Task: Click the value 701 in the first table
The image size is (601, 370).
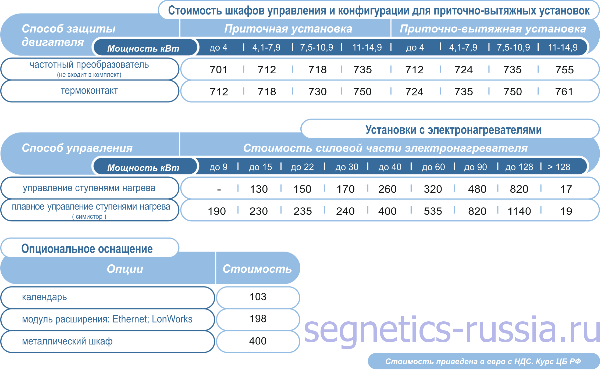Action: click(x=219, y=70)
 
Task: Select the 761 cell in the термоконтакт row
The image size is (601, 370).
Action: click(x=564, y=92)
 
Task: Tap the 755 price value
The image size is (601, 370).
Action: click(x=564, y=70)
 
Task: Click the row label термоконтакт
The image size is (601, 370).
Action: click(x=89, y=91)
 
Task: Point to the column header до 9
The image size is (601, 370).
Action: click(x=219, y=167)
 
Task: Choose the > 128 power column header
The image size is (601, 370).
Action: click(x=559, y=167)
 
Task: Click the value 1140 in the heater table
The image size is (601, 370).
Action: click(x=519, y=211)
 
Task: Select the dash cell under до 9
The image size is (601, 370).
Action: click(x=219, y=190)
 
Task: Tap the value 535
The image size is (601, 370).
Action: click(x=433, y=211)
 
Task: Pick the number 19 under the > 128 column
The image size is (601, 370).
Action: click(x=566, y=211)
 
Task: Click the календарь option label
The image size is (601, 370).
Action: click(x=44, y=297)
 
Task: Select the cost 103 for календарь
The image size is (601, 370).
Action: click(x=258, y=297)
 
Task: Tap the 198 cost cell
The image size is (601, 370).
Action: click(x=258, y=319)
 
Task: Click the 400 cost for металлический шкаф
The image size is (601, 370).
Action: click(x=258, y=341)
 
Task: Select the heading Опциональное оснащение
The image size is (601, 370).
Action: click(x=87, y=249)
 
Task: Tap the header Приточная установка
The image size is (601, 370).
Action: click(x=288, y=29)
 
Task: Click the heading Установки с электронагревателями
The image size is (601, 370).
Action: click(x=454, y=130)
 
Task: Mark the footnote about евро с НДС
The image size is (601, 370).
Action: click(x=483, y=361)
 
